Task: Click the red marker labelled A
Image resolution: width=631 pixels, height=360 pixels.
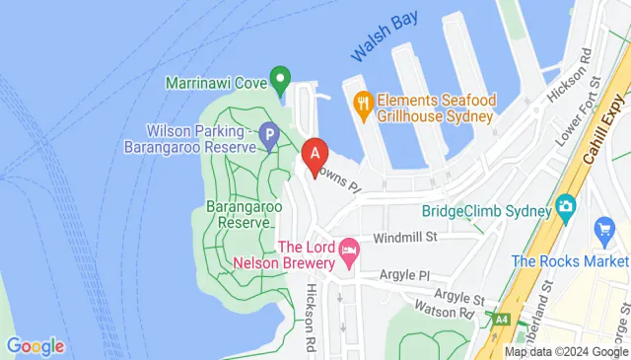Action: coord(315,156)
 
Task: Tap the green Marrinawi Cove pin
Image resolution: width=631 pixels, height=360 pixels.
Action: coord(280,78)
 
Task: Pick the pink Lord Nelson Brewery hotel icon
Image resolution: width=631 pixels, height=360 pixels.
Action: coord(348,254)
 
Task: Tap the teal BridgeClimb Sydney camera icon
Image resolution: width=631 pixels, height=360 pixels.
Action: coord(566,208)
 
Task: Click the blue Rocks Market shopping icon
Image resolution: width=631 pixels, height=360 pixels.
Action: coord(604,233)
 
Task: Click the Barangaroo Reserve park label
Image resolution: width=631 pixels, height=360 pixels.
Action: coord(237,215)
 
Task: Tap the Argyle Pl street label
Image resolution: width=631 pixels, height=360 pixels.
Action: coord(392,277)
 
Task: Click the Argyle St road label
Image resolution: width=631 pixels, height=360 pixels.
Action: coord(459,296)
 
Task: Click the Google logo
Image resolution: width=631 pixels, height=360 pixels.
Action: coord(35,346)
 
